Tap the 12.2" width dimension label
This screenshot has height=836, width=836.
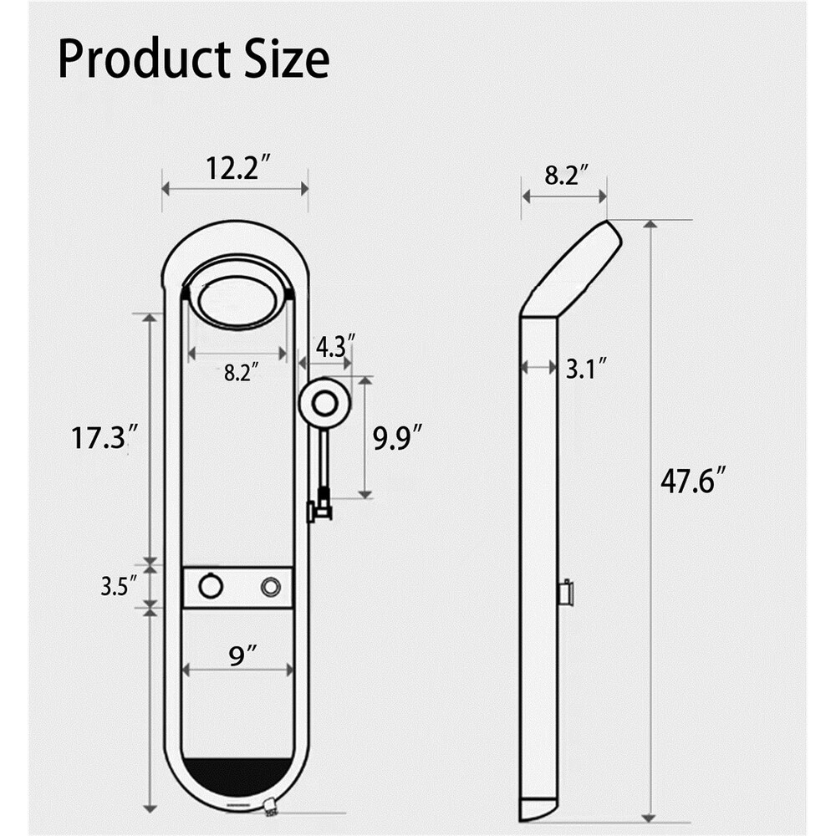pyautogui.click(x=237, y=169)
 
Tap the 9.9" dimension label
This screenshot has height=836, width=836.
pyautogui.click(x=397, y=437)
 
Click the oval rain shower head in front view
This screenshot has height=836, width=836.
pyautogui.click(x=237, y=301)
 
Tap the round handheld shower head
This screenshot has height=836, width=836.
pyautogui.click(x=324, y=403)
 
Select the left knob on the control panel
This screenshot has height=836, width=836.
pyautogui.click(x=211, y=587)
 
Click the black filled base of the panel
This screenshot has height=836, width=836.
pyautogui.click(x=237, y=776)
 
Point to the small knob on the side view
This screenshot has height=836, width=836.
pyautogui.click(x=566, y=593)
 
